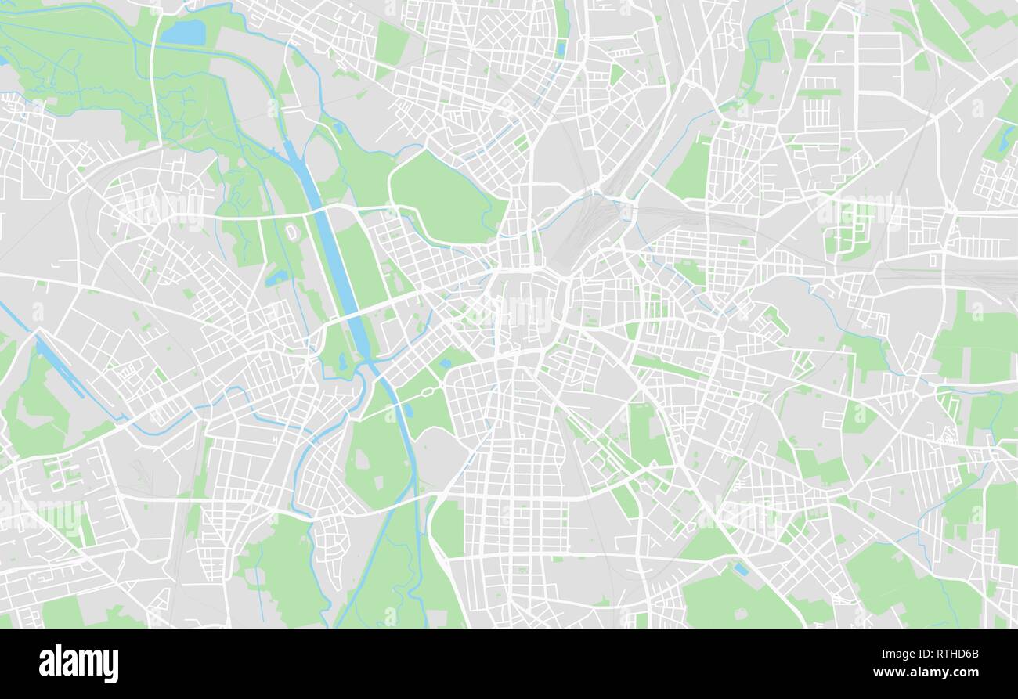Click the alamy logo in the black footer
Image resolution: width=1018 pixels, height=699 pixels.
tap(78, 664)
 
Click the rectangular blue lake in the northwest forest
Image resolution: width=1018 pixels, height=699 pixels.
tap(183, 32)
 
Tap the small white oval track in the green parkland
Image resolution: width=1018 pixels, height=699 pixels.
tap(291, 233)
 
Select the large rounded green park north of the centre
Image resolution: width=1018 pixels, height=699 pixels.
tap(442, 196)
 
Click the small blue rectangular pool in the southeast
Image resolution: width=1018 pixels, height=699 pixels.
tap(740, 570)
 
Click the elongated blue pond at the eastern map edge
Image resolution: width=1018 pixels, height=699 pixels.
tap(1003, 141)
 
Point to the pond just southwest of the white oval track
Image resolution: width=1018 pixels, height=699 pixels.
tap(276, 277)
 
